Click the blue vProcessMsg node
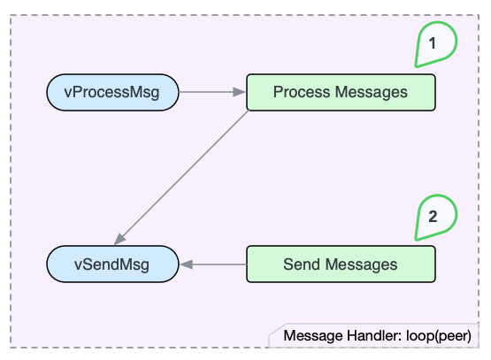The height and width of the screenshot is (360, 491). pyautogui.click(x=112, y=92)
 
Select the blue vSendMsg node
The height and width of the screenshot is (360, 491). pyautogui.click(x=112, y=264)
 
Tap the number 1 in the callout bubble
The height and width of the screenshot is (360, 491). pyautogui.click(x=433, y=42)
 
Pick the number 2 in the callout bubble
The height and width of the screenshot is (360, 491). pyautogui.click(x=433, y=215)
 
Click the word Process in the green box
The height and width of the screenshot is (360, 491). pyautogui.click(x=303, y=92)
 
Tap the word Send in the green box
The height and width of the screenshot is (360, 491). pyautogui.click(x=303, y=264)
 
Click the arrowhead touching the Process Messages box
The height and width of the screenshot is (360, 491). pyautogui.click(x=240, y=92)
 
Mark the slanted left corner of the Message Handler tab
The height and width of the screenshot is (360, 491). pyautogui.click(x=273, y=334)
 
